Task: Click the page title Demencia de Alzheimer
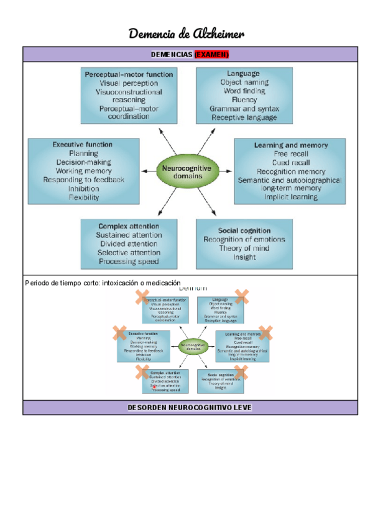point(186,33)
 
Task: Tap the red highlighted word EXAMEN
point(212,54)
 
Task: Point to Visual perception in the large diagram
point(129,83)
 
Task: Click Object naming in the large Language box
point(244,82)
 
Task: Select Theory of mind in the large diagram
point(244,248)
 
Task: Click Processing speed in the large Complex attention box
point(129,261)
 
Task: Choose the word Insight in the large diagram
point(244,257)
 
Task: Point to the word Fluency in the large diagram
point(244,99)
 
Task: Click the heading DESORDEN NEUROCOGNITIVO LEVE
point(190,408)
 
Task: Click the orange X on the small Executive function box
point(120,333)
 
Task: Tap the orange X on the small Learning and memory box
point(265,333)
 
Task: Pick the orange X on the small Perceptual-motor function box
point(142,296)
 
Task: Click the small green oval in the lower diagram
point(190,346)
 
